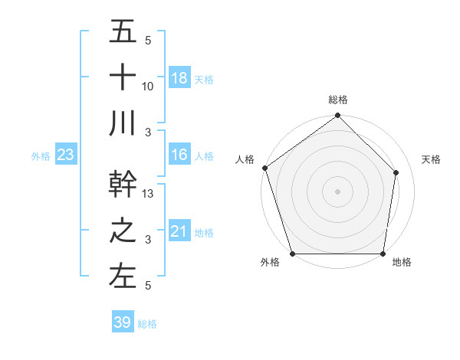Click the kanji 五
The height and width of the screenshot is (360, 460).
[x=123, y=32]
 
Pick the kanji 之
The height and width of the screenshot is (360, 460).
[x=123, y=231]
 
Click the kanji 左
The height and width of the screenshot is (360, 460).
[x=123, y=276]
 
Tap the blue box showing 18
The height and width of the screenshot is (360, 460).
[x=179, y=77]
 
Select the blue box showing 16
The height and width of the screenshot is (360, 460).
[x=179, y=155]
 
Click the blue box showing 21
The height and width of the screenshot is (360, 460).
[x=179, y=231]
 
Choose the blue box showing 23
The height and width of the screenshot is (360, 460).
[x=66, y=155]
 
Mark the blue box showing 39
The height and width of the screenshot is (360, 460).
[x=122, y=322]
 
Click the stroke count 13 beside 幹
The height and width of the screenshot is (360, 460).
[x=148, y=195]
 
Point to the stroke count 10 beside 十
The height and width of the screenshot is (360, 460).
[x=148, y=87]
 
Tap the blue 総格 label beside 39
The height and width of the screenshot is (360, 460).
[x=147, y=324]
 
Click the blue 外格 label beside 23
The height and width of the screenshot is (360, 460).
[x=41, y=156]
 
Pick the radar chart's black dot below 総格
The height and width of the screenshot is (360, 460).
[x=337, y=116]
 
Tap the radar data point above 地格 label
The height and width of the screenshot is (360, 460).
[x=383, y=254]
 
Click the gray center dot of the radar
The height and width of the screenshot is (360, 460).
[x=337, y=191]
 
